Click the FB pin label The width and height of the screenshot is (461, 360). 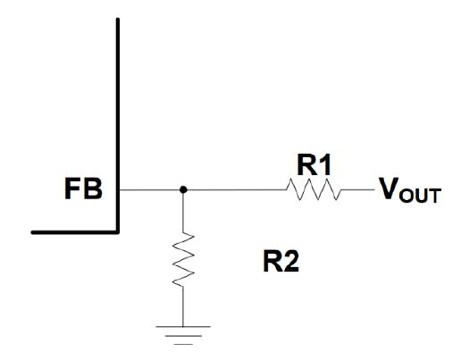(x=83, y=188)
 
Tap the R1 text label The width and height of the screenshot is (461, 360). (x=314, y=165)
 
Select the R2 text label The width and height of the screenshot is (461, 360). (x=281, y=262)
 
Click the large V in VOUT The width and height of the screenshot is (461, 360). (x=390, y=188)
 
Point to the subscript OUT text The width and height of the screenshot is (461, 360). (x=420, y=196)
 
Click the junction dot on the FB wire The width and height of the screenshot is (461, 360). (x=183, y=189)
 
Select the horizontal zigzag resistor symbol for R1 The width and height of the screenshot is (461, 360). (x=314, y=189)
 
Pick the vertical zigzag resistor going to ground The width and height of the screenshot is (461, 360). (x=183, y=259)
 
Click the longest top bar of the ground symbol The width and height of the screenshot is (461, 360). (x=183, y=327)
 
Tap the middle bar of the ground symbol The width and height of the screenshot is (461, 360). (x=183, y=336)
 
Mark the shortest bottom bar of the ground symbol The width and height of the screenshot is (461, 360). (x=183, y=344)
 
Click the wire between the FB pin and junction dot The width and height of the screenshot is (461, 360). (x=150, y=189)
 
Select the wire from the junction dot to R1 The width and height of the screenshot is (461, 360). (x=236, y=189)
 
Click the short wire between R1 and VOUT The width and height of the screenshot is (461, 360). (x=357, y=189)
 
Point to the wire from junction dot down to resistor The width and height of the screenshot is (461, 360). (x=183, y=213)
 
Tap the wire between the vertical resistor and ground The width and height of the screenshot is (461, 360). (x=183, y=306)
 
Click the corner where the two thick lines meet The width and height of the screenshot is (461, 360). (x=118, y=232)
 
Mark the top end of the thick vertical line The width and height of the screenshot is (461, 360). (x=118, y=19)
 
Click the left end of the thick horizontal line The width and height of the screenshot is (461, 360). (x=32, y=232)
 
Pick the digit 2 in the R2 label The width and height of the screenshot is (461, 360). (x=290, y=262)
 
